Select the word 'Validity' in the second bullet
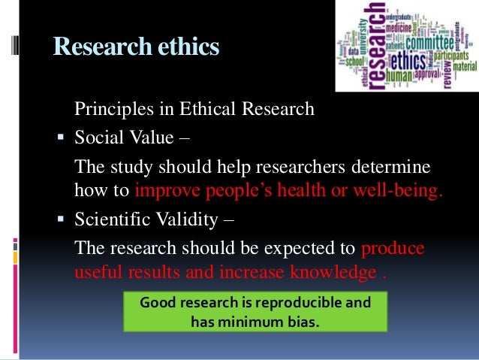187,220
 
